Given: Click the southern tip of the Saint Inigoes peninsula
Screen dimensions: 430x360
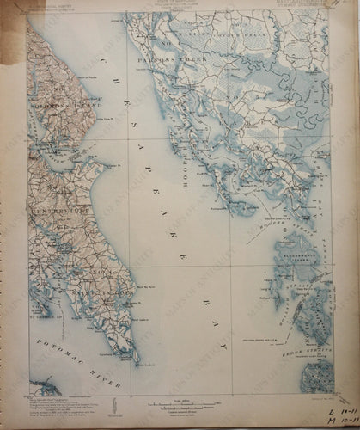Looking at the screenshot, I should (x=136, y=359).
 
